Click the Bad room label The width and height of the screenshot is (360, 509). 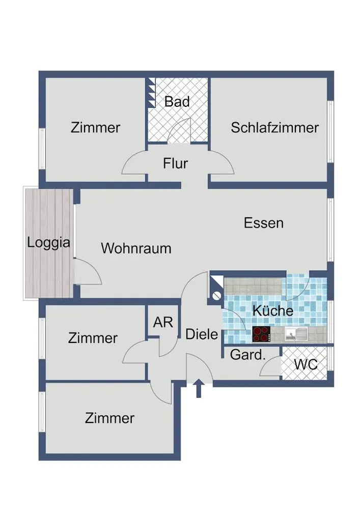tap(177, 102)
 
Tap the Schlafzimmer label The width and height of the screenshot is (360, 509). tap(274, 128)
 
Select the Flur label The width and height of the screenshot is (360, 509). tap(175, 163)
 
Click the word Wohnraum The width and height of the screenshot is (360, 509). tap(136, 248)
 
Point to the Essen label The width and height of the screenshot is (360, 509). tap(264, 223)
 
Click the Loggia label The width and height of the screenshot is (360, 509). tap(49, 243)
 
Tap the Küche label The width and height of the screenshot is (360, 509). tap(273, 310)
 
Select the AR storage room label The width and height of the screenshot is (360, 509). tap(163, 322)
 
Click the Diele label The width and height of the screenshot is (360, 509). tap(202, 334)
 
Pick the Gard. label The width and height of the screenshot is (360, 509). tap(247, 355)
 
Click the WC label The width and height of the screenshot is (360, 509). tap(306, 364)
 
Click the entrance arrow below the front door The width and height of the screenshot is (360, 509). tap(199, 388)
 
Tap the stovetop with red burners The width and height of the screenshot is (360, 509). tap(261, 334)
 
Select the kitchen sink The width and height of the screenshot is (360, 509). tap(296, 334)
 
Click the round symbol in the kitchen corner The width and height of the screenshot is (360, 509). tap(216, 296)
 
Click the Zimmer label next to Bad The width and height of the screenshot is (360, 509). tap(95, 128)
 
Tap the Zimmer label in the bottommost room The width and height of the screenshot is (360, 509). tap(109, 418)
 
